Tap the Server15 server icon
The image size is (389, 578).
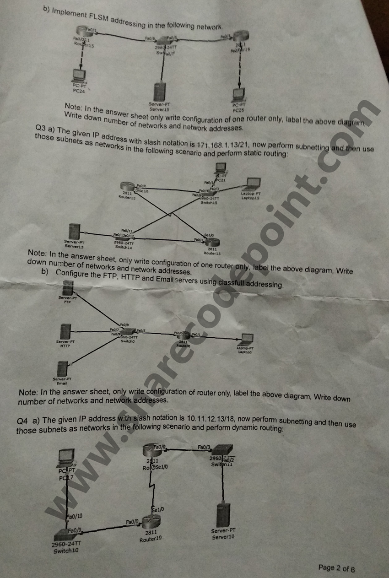(159, 92)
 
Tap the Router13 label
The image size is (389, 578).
(212, 252)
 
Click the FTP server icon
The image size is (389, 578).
(68, 288)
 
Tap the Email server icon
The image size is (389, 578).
(62, 368)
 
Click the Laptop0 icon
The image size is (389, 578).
(246, 340)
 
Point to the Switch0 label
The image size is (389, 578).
(128, 341)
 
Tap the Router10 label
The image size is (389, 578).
(151, 539)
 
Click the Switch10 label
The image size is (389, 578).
(66, 551)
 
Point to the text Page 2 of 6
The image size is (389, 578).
(336, 568)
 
